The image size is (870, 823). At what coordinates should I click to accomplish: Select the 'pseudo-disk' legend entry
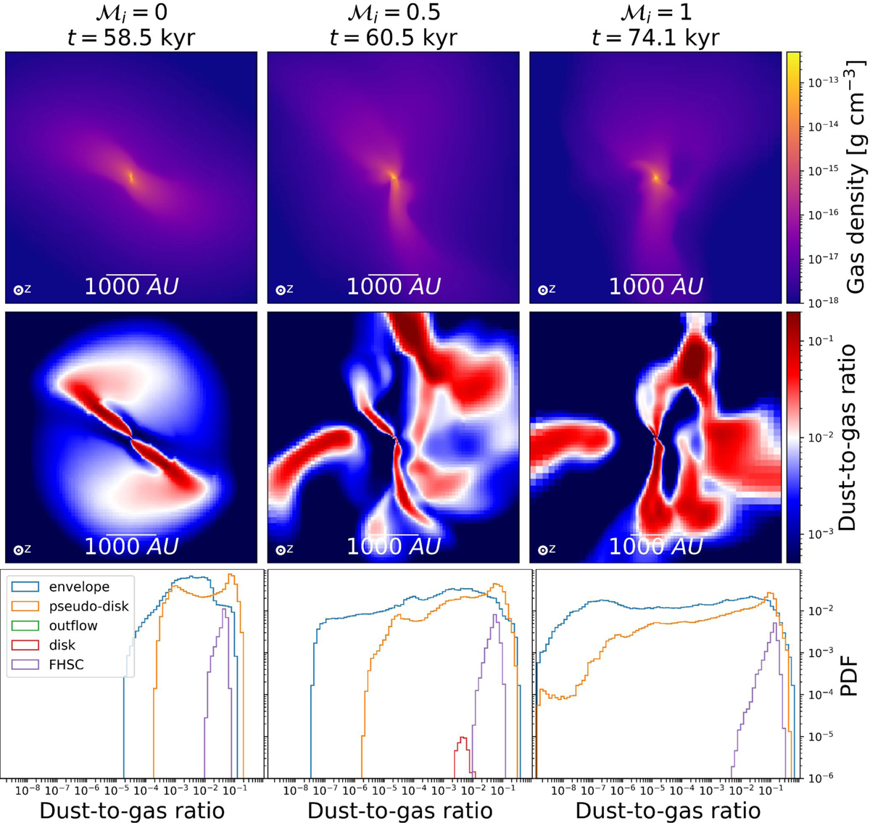[88, 605]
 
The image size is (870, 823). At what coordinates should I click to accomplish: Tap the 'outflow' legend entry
[73, 625]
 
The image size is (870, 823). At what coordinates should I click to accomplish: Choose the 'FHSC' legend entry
[67, 664]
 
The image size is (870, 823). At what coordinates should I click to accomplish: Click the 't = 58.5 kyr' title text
[130, 37]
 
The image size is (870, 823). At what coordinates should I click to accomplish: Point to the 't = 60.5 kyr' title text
[393, 37]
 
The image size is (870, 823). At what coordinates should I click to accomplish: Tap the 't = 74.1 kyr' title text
[655, 37]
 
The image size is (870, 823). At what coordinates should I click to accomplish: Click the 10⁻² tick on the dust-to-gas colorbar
[821, 437]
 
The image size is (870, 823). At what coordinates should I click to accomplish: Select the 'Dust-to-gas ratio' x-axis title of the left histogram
[132, 809]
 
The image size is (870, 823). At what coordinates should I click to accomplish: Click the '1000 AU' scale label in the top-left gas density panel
[131, 286]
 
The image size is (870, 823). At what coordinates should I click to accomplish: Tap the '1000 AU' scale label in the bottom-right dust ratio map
[655, 546]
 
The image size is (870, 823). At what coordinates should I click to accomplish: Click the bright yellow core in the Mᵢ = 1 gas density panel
[656, 177]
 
